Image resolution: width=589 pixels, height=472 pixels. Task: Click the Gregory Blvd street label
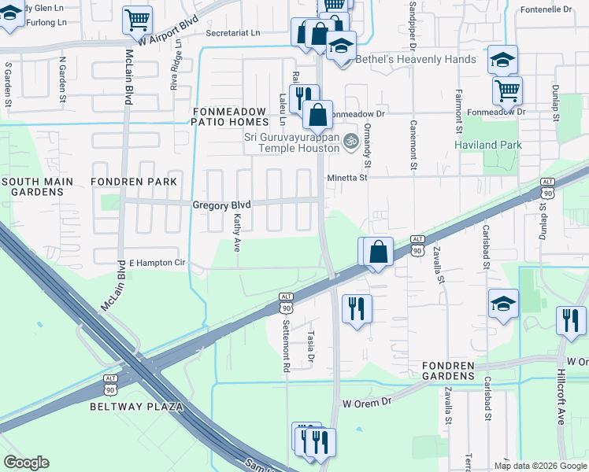click(x=221, y=205)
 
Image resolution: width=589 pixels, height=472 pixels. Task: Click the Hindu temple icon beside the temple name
click(x=350, y=138)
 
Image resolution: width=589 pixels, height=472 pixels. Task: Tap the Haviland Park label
click(x=488, y=145)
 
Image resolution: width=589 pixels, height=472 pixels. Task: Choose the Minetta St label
click(x=347, y=178)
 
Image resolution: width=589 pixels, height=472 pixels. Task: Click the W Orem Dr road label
click(x=366, y=402)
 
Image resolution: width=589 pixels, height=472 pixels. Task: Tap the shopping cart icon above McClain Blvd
click(x=137, y=20)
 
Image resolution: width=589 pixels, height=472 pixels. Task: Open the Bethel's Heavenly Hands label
click(x=416, y=60)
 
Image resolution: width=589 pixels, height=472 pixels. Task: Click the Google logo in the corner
click(x=26, y=463)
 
